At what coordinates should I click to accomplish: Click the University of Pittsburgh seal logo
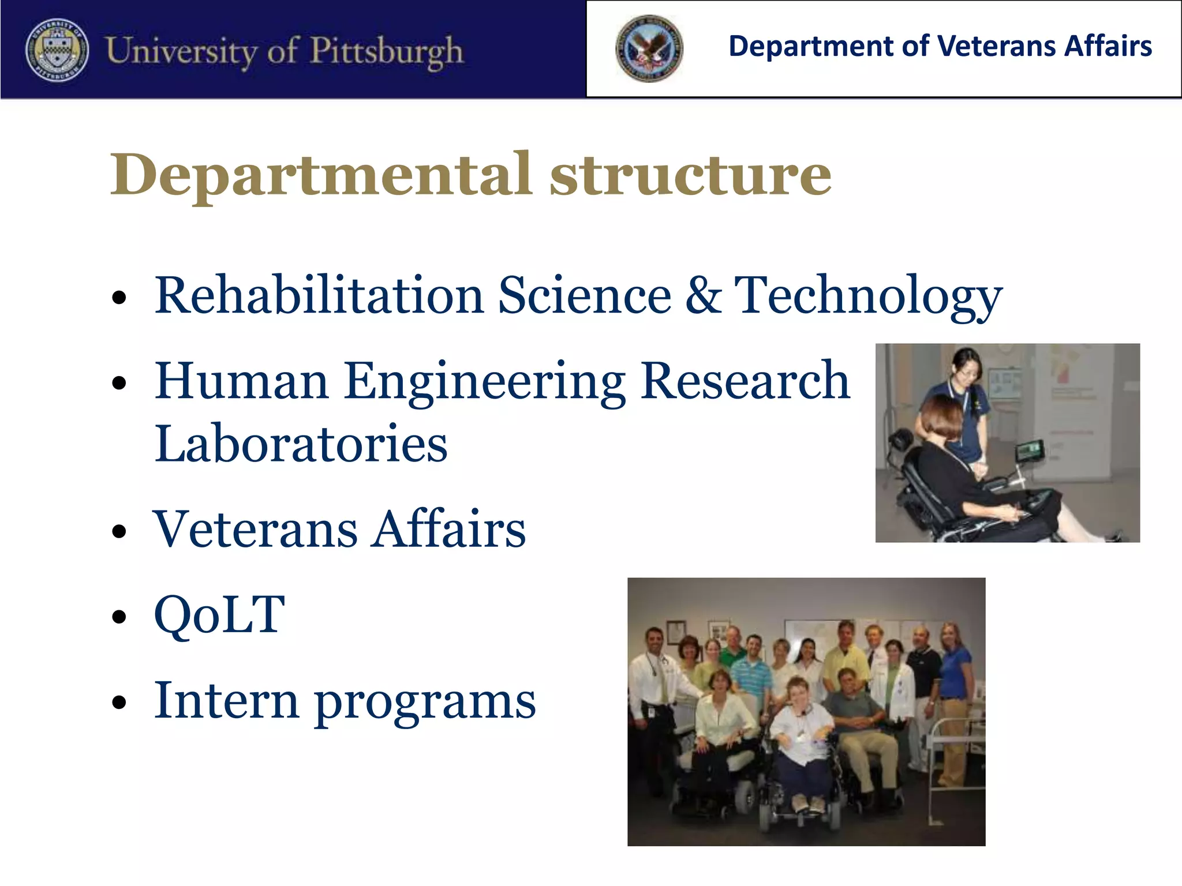[57, 50]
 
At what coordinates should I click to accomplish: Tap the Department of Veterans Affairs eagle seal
[649, 48]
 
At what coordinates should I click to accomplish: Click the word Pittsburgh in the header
[386, 51]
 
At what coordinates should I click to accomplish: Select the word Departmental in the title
[320, 175]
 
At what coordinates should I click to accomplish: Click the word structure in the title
[690, 175]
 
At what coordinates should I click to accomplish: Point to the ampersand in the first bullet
[703, 295]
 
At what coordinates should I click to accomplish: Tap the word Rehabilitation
[319, 295]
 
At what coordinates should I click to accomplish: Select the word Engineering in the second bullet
[484, 382]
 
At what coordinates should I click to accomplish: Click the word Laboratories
[301, 444]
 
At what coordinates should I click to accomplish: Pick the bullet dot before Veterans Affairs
[119, 531]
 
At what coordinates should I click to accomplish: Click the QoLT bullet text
[219, 615]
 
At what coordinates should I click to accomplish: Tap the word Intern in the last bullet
[226, 700]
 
